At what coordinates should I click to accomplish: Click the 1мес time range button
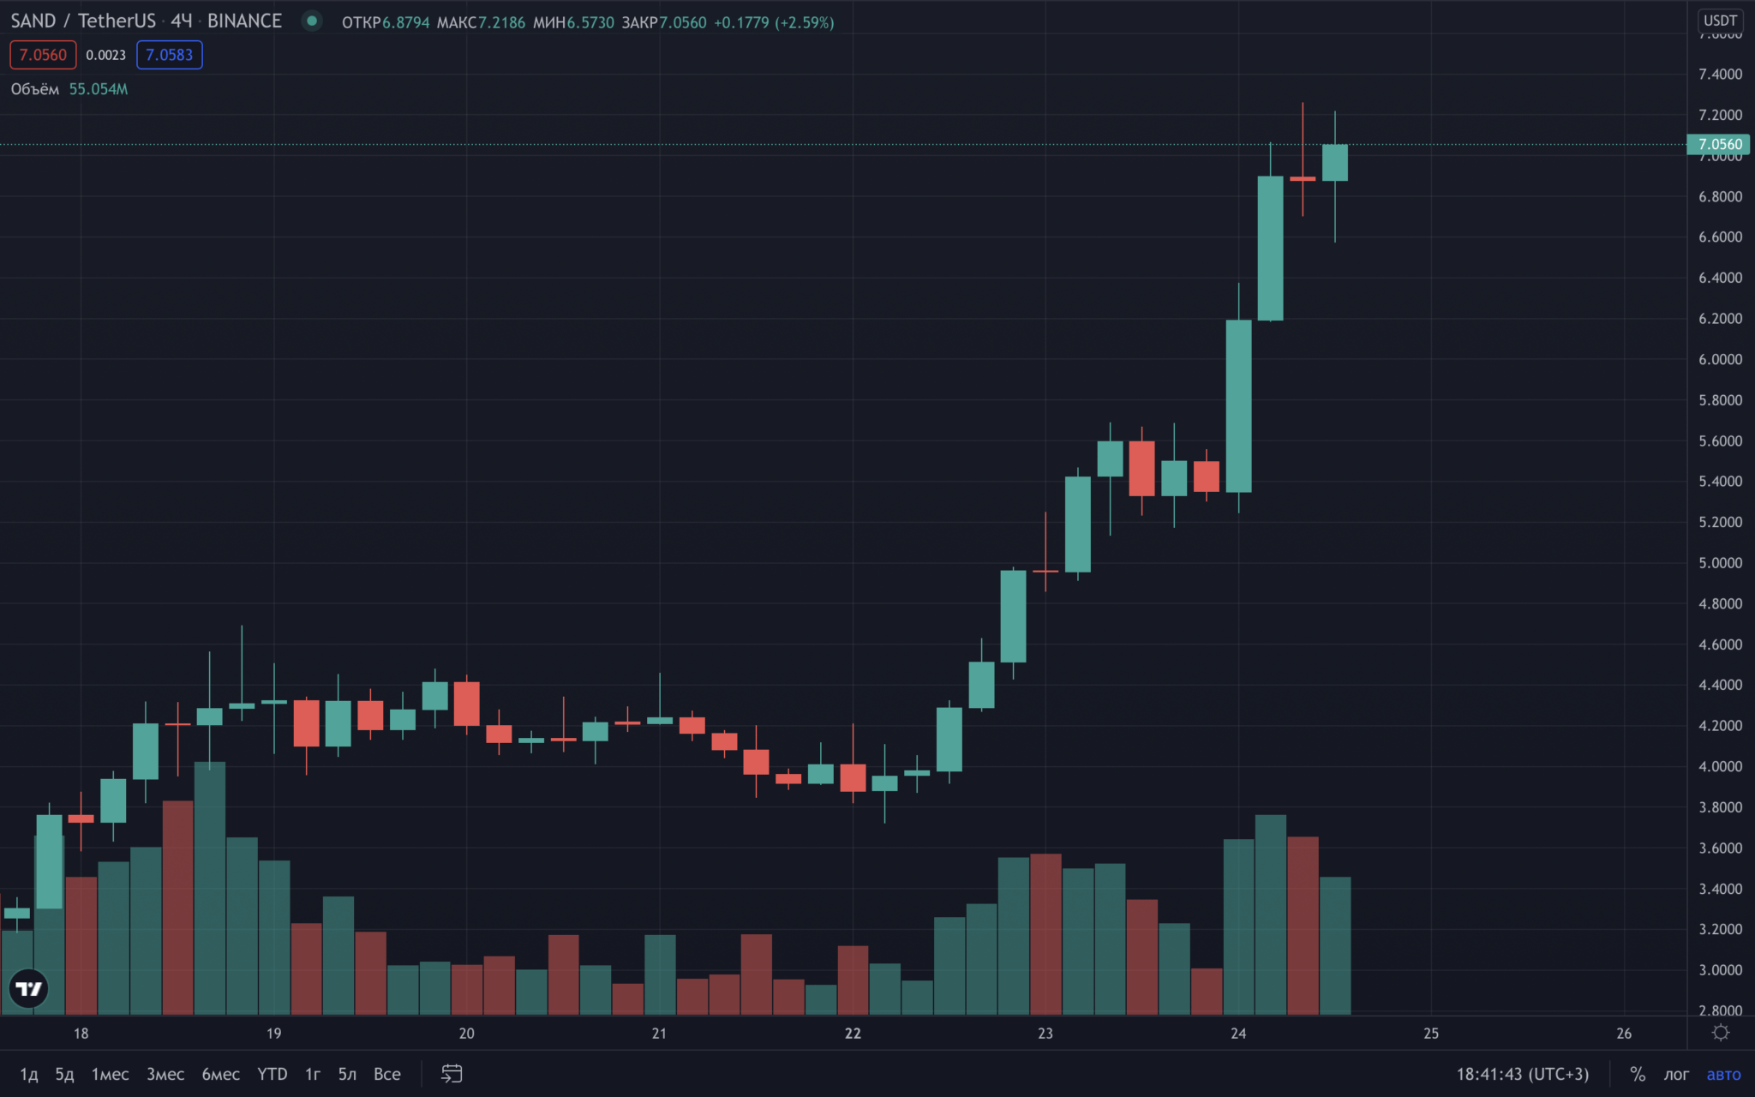pyautogui.click(x=111, y=1074)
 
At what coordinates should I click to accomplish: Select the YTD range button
pyautogui.click(x=273, y=1074)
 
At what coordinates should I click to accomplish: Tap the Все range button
pyautogui.click(x=387, y=1074)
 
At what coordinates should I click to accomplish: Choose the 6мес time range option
pyautogui.click(x=220, y=1074)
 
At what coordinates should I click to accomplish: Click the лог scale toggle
pyautogui.click(x=1676, y=1075)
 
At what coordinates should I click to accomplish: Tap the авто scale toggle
pyautogui.click(x=1723, y=1075)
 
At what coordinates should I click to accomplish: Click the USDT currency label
pyautogui.click(x=1720, y=21)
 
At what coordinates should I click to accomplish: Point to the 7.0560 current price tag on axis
pyautogui.click(x=1718, y=144)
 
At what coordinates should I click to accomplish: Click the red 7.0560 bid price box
pyautogui.click(x=43, y=55)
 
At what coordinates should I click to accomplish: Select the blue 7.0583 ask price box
pyautogui.click(x=170, y=55)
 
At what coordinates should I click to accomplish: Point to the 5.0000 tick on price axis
pyautogui.click(x=1720, y=563)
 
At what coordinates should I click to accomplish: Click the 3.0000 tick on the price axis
pyautogui.click(x=1720, y=970)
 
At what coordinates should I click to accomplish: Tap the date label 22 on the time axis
pyautogui.click(x=853, y=1034)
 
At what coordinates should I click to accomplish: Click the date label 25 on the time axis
pyautogui.click(x=1431, y=1034)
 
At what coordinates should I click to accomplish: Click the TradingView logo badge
pyautogui.click(x=29, y=989)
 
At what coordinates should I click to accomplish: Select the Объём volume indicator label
pyautogui.click(x=35, y=89)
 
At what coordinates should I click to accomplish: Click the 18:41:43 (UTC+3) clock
pyautogui.click(x=1523, y=1075)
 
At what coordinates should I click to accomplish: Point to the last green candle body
pyautogui.click(x=1335, y=163)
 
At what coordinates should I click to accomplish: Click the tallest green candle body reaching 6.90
pyautogui.click(x=1271, y=249)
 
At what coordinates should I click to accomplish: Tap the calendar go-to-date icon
pyautogui.click(x=452, y=1074)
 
